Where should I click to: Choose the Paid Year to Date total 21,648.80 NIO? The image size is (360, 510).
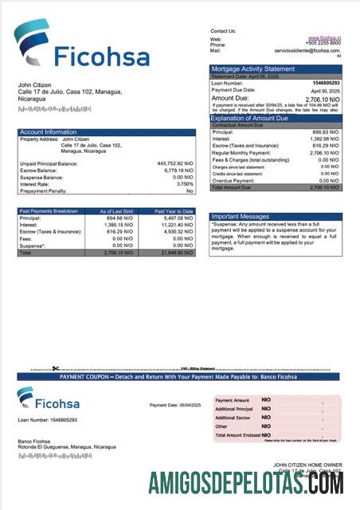click(x=175, y=253)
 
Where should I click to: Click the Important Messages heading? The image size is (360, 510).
click(x=241, y=216)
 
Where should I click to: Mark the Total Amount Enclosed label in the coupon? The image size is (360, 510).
click(x=237, y=434)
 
